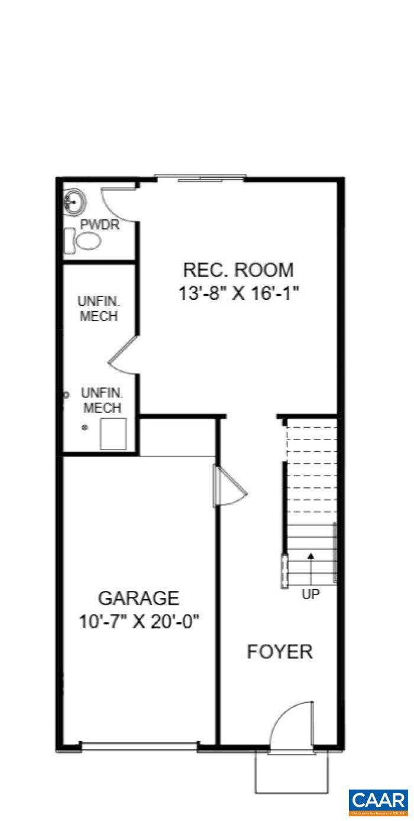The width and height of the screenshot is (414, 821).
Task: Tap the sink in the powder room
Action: [x=72, y=202]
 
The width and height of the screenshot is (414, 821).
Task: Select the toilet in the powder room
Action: [x=88, y=241]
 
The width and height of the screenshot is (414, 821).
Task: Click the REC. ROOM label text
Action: [x=238, y=270]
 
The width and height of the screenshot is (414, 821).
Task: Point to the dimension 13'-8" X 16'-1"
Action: [x=238, y=293]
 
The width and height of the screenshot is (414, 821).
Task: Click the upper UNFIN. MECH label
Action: [x=98, y=308]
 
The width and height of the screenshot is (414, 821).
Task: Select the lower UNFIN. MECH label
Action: [x=102, y=400]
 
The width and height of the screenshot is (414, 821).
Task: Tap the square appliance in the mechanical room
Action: [x=113, y=434]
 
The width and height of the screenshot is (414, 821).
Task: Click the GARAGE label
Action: [x=138, y=598]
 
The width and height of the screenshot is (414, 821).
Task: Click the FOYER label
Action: [x=279, y=652]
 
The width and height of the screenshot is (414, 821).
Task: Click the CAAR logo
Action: [x=378, y=802]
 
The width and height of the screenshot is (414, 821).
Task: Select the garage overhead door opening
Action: [x=140, y=746]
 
